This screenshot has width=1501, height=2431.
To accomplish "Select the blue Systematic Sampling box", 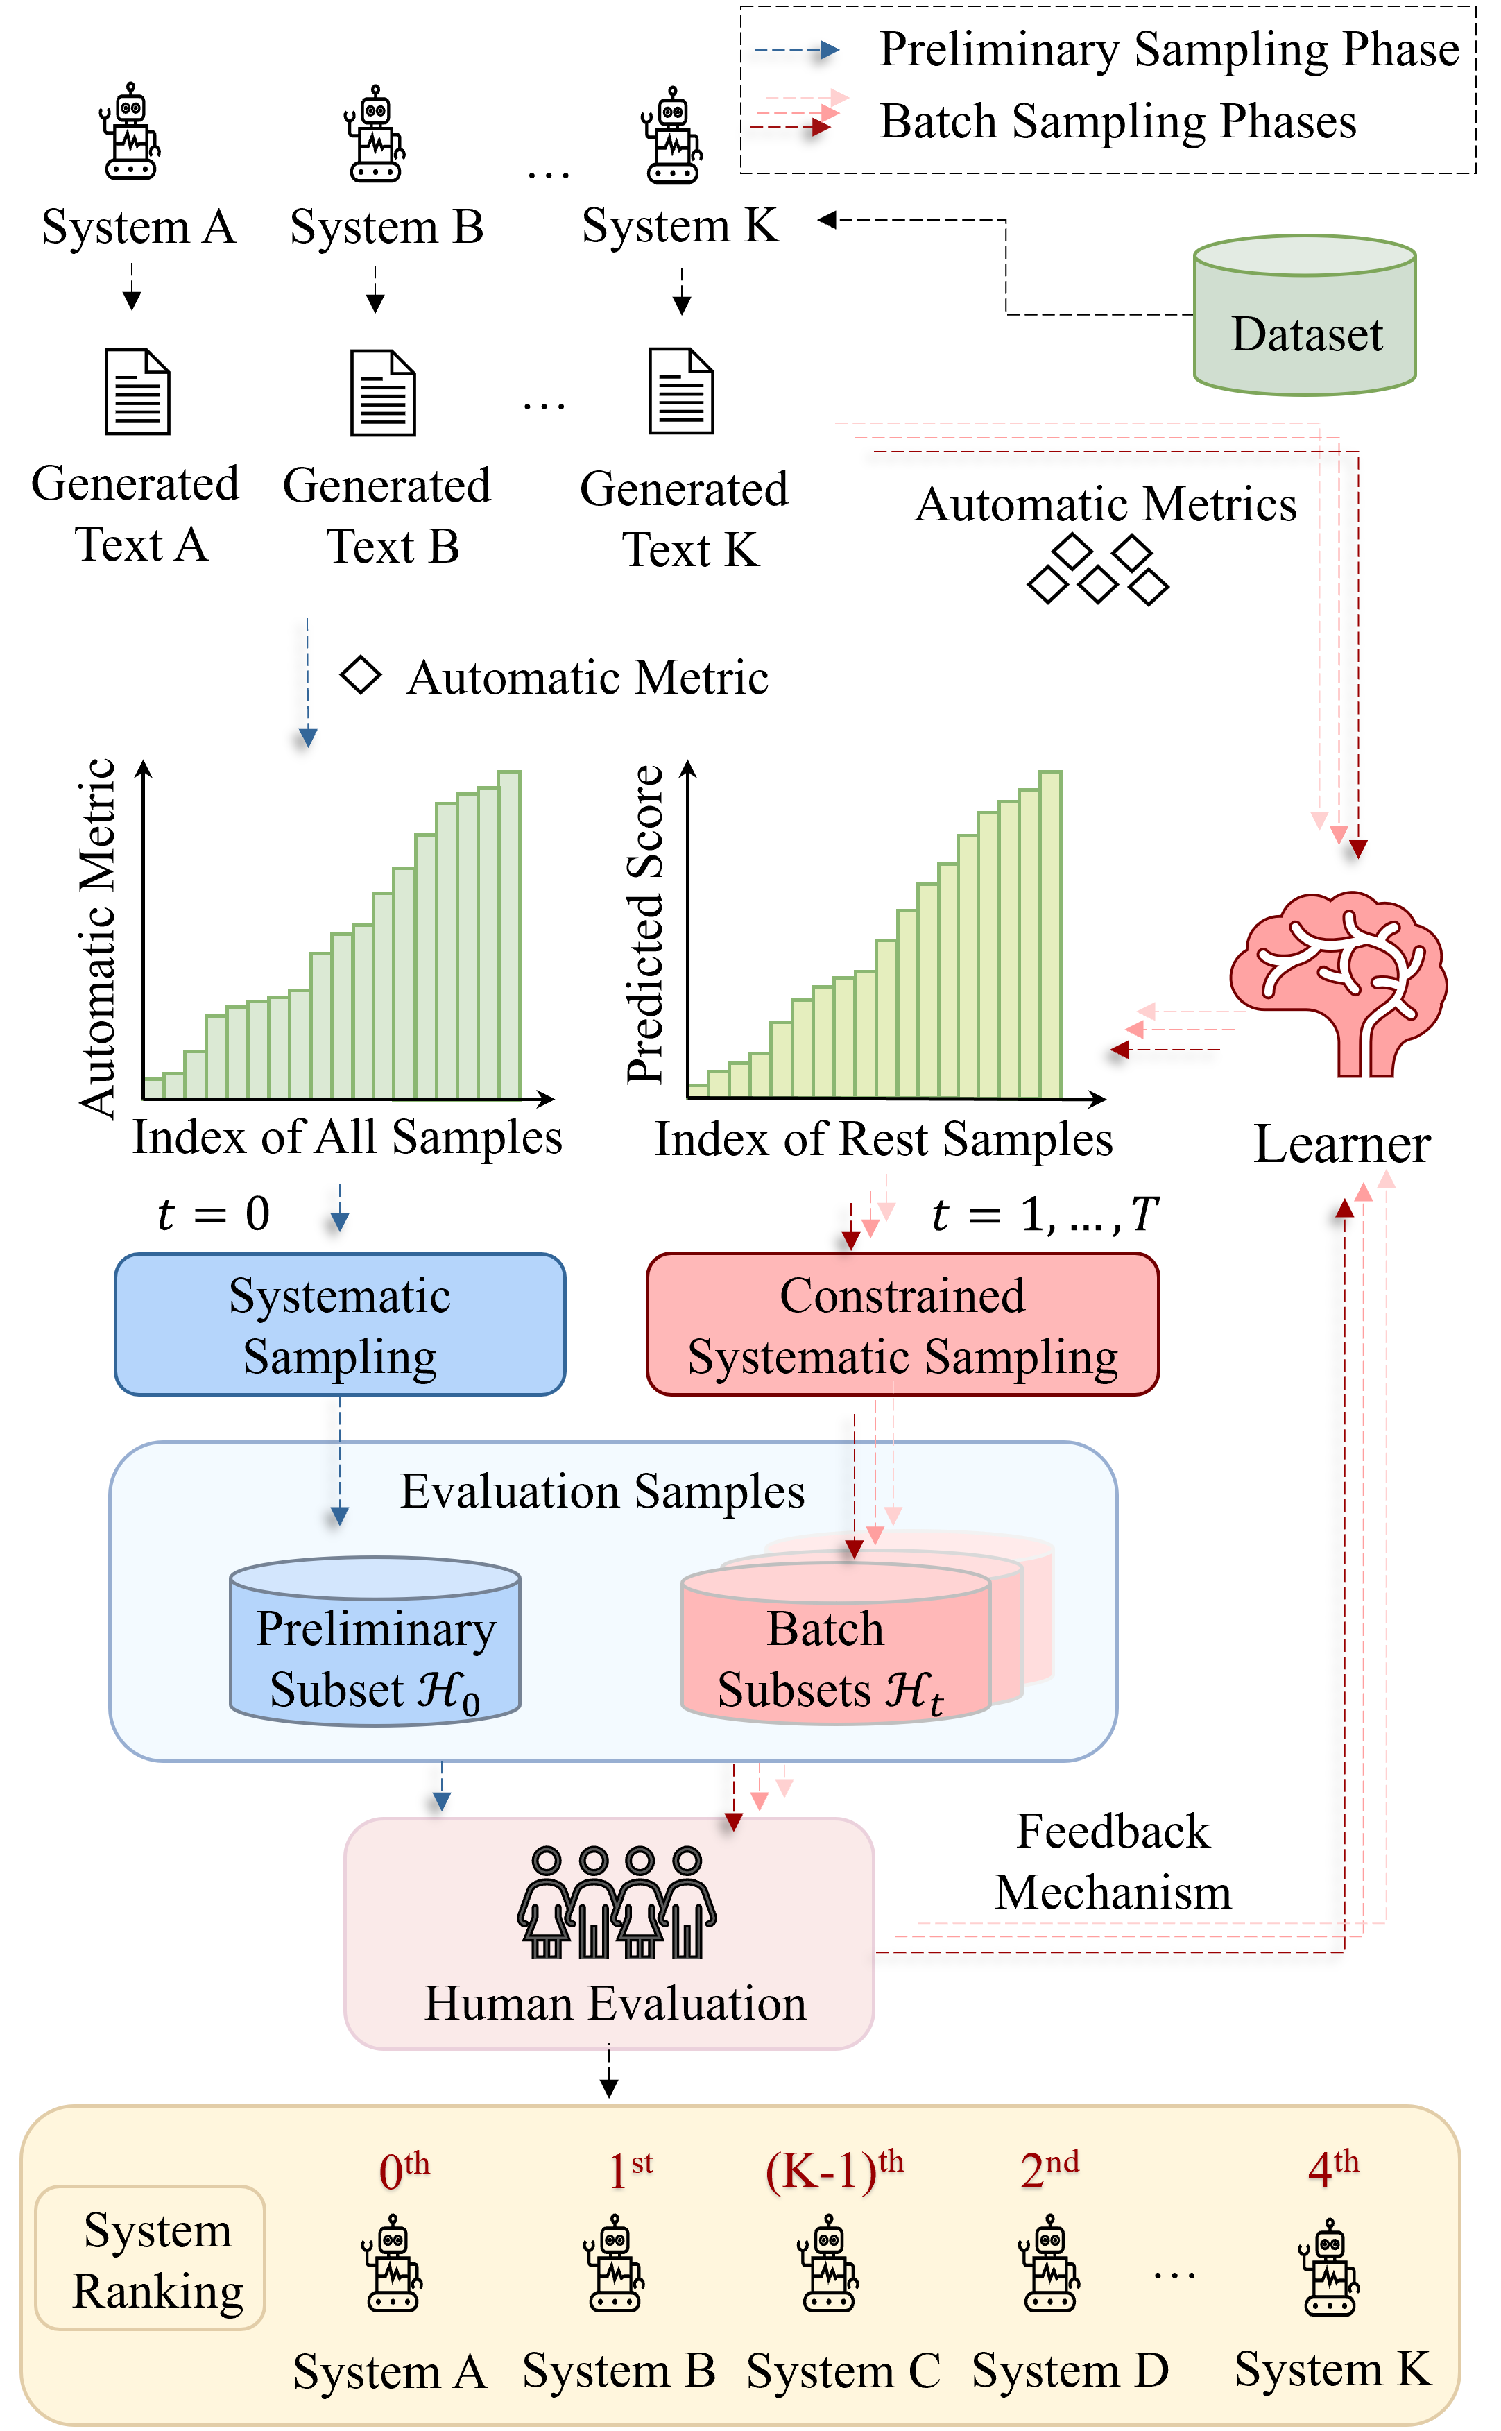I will pyautogui.click(x=339, y=1324).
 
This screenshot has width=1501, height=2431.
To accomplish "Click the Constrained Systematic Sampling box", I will pyautogui.click(x=902, y=1324).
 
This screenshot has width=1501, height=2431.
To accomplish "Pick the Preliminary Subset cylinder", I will pyautogui.click(x=375, y=1643).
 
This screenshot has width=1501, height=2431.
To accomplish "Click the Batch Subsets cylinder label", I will pyautogui.click(x=829, y=1659).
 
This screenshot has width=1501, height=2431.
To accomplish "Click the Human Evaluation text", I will pyautogui.click(x=615, y=2002).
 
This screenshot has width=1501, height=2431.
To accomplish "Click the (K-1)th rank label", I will pyautogui.click(x=834, y=2170).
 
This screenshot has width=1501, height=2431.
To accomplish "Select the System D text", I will pyautogui.click(x=1069, y=2371).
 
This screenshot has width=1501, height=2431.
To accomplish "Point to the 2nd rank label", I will pyautogui.click(x=1048, y=2170).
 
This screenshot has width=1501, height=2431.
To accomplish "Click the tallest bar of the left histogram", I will pyautogui.click(x=509, y=933).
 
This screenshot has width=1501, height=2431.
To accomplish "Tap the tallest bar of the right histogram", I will pyautogui.click(x=1050, y=933).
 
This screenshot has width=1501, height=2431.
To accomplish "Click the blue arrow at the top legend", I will pyautogui.click(x=796, y=50).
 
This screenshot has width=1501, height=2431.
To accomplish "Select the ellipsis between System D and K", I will pyautogui.click(x=1174, y=2274).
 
